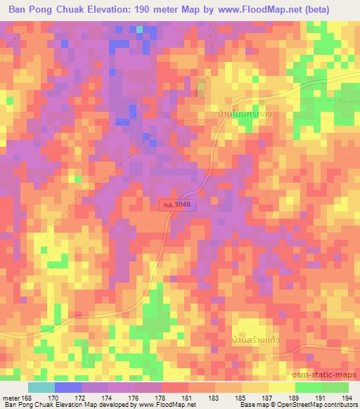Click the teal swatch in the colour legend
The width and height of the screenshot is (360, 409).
pos(41,387)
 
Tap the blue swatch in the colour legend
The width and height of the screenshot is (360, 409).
pos(67,387)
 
